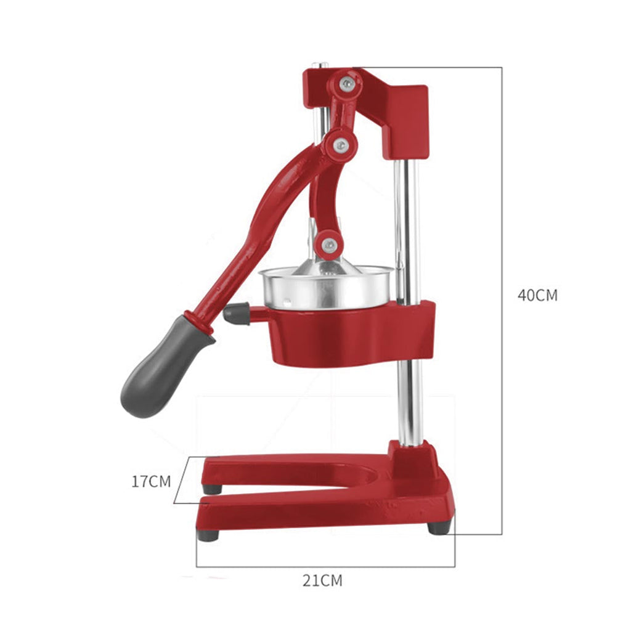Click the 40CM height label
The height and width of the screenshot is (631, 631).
tap(537, 295)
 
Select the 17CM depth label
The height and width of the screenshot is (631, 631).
tap(150, 481)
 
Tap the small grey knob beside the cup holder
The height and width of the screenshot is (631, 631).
tap(237, 314)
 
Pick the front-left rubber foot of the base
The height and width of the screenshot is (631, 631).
tap(208, 534)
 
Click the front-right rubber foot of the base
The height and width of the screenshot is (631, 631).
tap(439, 527)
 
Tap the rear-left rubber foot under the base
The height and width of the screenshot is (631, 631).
tap(212, 489)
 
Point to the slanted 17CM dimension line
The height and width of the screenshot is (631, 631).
tap(179, 481)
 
